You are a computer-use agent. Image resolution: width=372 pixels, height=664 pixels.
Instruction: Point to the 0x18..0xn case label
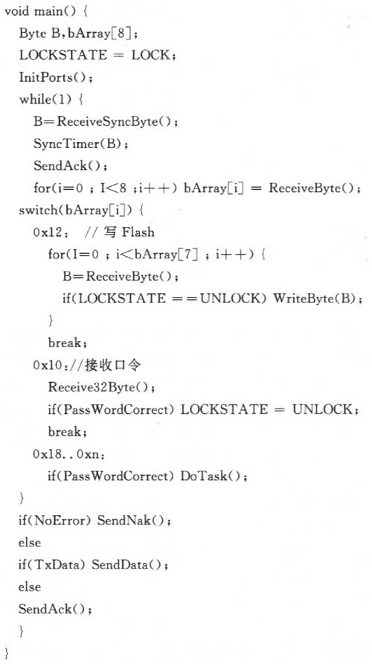(68, 454)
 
